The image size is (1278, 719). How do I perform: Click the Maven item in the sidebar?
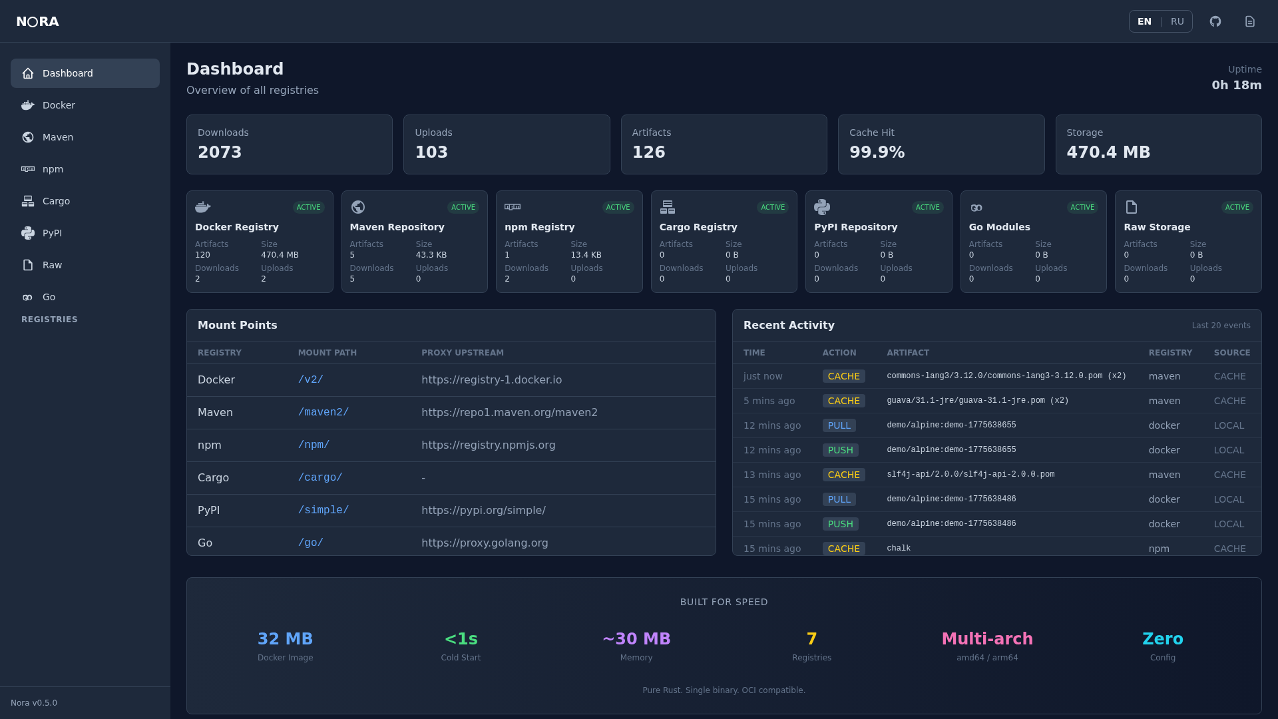click(58, 137)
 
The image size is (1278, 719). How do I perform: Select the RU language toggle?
click(1177, 21)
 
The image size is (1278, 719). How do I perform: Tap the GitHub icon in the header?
click(1215, 21)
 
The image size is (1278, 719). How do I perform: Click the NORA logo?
click(38, 21)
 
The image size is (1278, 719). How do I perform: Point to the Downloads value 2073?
click(220, 152)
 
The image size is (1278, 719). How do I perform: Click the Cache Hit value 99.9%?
click(877, 152)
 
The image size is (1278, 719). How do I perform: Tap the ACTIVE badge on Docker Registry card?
click(308, 207)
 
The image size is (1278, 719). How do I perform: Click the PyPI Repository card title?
click(855, 227)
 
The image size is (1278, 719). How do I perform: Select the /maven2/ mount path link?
click(323, 412)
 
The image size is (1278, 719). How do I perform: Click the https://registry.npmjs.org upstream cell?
click(488, 445)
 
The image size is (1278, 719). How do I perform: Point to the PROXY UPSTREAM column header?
click(462, 353)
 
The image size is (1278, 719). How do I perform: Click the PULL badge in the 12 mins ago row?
click(839, 425)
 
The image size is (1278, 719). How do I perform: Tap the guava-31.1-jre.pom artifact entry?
click(977, 401)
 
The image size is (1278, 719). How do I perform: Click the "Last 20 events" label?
click(1221, 326)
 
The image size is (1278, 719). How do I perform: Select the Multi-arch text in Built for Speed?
click(987, 638)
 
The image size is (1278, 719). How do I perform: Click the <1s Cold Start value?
click(461, 638)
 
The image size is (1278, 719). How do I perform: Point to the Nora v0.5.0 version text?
click(34, 703)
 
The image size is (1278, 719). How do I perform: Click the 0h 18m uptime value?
click(1236, 85)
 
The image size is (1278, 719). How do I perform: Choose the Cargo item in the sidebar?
click(56, 201)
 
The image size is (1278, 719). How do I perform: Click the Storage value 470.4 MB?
click(1108, 152)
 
